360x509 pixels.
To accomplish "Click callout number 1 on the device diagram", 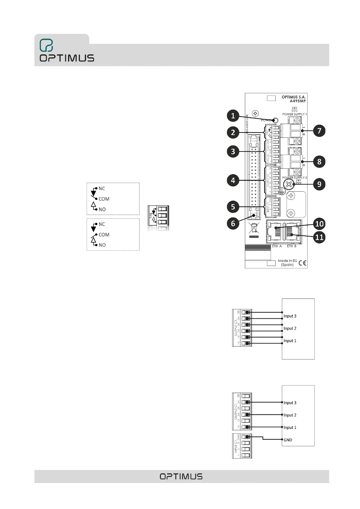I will click(x=233, y=116).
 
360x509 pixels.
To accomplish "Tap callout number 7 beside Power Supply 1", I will click(x=319, y=131).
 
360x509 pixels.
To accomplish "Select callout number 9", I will click(x=319, y=184).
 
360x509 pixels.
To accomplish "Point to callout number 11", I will click(x=319, y=237).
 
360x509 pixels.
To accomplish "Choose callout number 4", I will click(x=233, y=180).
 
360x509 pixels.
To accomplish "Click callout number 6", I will click(x=233, y=224).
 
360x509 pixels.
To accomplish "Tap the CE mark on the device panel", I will click(x=302, y=263).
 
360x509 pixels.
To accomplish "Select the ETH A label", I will click(x=277, y=246).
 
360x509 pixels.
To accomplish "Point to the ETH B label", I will click(x=292, y=246).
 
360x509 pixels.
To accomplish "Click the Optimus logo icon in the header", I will click(x=46, y=45).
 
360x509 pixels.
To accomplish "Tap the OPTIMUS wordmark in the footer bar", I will click(x=181, y=477).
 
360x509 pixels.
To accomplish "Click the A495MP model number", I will click(x=297, y=101).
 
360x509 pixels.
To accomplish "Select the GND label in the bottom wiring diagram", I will click(x=288, y=440).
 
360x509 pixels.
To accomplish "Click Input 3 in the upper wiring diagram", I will click(x=290, y=316).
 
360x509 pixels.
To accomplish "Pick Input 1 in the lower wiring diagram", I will click(x=290, y=427).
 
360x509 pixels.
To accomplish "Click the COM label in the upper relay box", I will click(x=104, y=199).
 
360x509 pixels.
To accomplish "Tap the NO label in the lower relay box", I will click(x=102, y=245).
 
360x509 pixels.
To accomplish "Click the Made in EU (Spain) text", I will click(x=287, y=263).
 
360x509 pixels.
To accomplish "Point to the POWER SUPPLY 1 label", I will click(x=294, y=114).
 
